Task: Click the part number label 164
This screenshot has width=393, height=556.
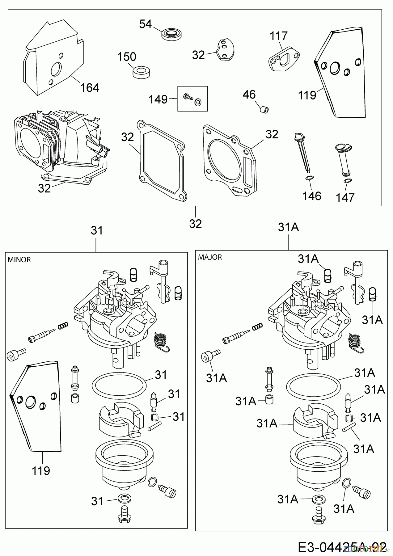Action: click(90, 88)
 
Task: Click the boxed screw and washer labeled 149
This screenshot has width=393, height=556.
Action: click(192, 99)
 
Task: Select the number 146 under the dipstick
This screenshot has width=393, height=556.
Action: click(312, 196)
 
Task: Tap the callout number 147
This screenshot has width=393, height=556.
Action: click(345, 197)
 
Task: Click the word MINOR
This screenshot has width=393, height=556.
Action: click(19, 260)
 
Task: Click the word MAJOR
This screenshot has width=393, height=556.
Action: click(210, 257)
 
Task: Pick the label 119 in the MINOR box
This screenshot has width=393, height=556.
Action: click(41, 471)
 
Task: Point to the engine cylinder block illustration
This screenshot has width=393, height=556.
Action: click(59, 142)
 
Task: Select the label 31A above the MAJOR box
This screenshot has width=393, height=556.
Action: click(288, 227)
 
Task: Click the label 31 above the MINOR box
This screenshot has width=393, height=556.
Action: click(97, 230)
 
